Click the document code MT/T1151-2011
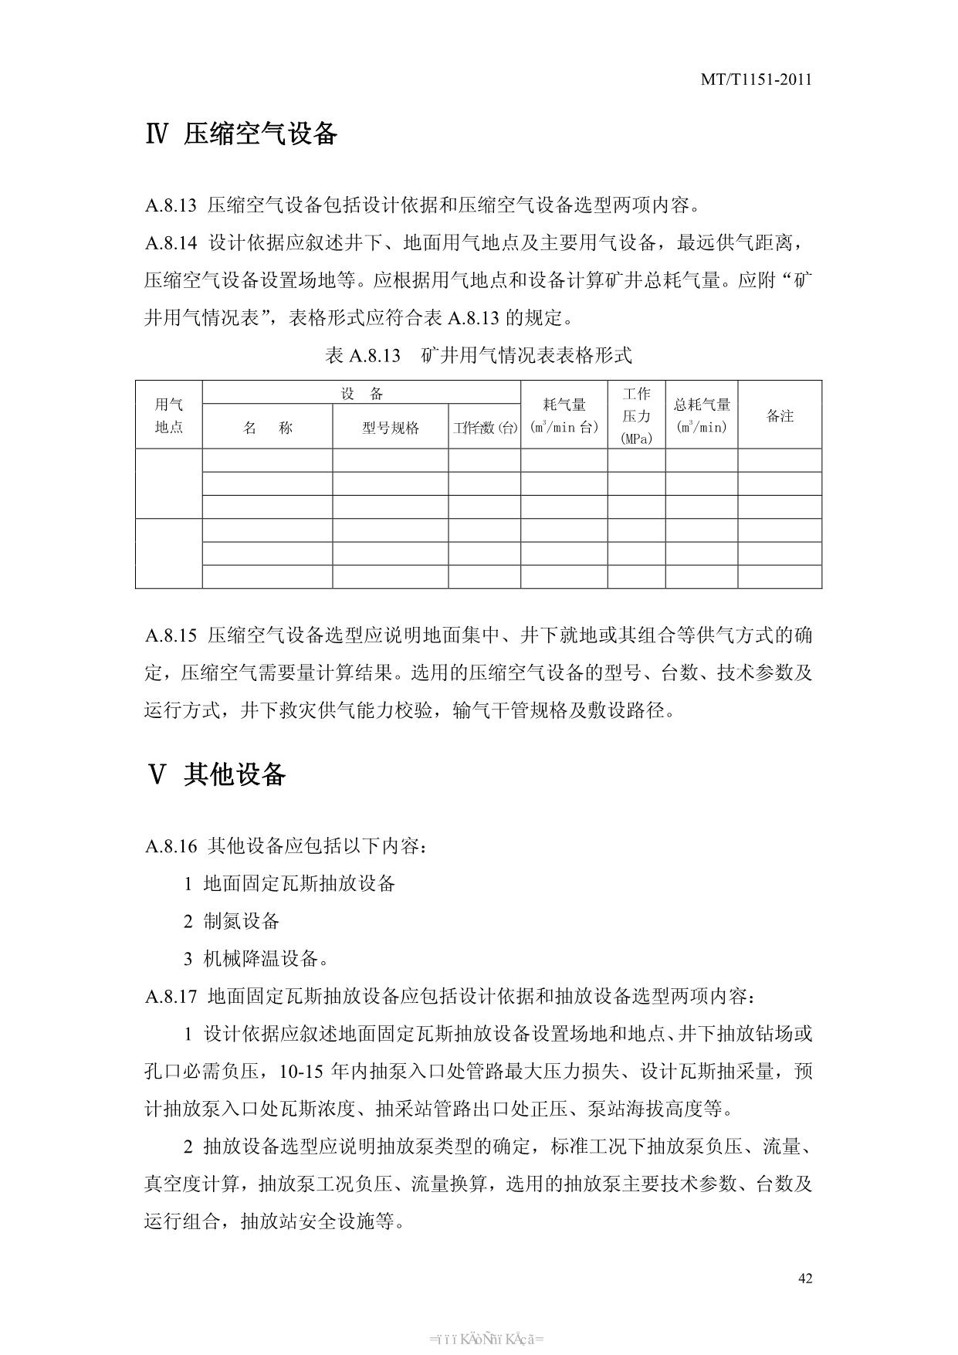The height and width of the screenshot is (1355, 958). tap(756, 80)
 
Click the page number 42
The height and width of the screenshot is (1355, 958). tap(804, 1278)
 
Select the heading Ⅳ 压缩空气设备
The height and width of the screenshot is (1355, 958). tap(241, 134)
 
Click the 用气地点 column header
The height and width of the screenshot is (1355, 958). tap(168, 415)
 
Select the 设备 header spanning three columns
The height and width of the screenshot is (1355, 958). tap(361, 394)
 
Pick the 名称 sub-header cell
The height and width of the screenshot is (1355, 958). tap(267, 428)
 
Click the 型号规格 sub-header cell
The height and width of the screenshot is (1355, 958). tap(390, 428)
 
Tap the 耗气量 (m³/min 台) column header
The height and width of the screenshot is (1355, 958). tap(564, 415)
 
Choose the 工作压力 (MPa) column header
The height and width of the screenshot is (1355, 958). tap(636, 415)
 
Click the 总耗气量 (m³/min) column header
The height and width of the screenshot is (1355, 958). tap(701, 415)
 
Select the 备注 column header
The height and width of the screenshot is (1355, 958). tap(780, 415)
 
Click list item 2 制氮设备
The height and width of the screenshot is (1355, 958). tap(232, 921)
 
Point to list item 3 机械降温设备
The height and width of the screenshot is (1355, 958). tap(256, 959)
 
